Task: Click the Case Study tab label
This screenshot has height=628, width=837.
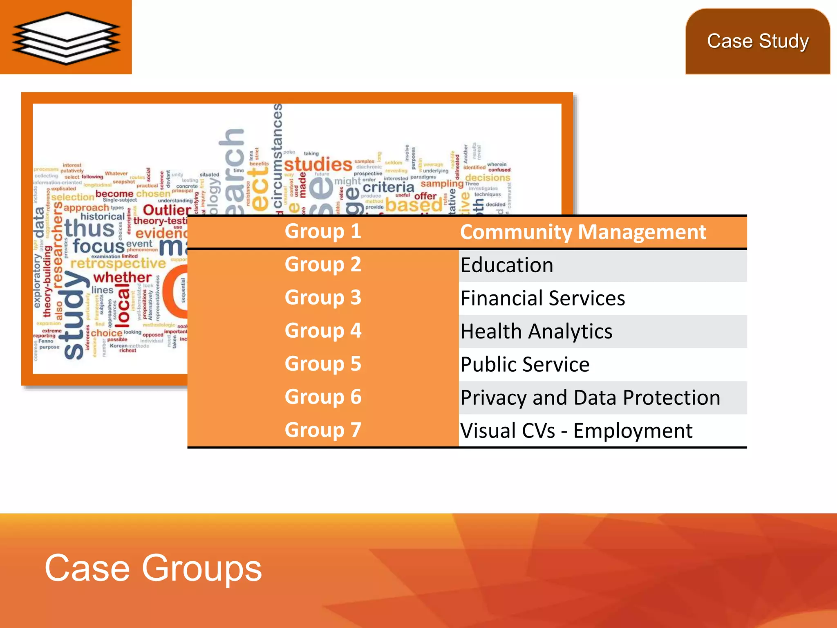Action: click(758, 41)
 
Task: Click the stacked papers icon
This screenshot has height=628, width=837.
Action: click(66, 38)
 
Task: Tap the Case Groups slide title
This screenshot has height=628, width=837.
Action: click(153, 568)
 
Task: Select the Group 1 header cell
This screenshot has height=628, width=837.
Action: click(323, 231)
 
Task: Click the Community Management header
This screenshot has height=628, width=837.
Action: click(583, 232)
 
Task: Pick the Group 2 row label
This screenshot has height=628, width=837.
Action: click(323, 265)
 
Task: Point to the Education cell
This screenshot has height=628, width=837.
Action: click(507, 265)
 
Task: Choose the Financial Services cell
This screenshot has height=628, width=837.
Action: click(542, 298)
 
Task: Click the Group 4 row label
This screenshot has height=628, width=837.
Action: click(323, 331)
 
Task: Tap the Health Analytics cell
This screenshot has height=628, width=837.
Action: click(536, 332)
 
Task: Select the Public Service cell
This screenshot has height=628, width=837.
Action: click(525, 365)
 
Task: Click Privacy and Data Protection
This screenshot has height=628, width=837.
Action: click(590, 398)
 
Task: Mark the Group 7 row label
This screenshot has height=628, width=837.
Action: click(323, 430)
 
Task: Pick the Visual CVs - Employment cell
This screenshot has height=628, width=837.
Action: click(576, 431)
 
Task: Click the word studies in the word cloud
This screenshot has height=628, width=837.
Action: click(318, 165)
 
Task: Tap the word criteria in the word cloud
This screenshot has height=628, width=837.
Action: click(388, 187)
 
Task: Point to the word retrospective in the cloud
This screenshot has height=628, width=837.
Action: click(118, 263)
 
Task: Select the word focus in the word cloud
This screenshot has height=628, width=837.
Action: click(98, 246)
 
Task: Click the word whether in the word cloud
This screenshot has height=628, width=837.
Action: click(122, 277)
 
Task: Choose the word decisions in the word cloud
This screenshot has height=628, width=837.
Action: click(488, 178)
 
